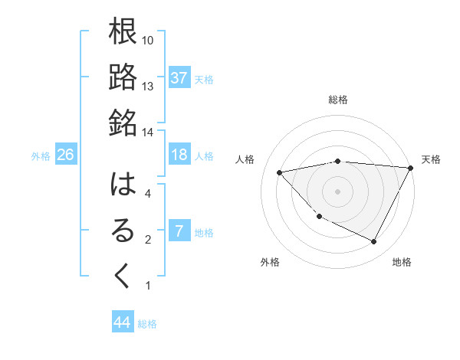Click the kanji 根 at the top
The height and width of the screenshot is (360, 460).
pyautogui.click(x=123, y=32)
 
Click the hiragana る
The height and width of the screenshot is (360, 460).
pyautogui.click(x=123, y=231)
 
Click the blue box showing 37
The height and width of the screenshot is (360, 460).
pyautogui.click(x=179, y=78)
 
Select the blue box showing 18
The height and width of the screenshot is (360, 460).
pyautogui.click(x=179, y=155)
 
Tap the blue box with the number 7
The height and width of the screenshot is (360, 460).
pyautogui.click(x=179, y=231)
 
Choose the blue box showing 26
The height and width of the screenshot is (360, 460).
pyautogui.click(x=66, y=155)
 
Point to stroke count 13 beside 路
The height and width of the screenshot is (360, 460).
pyautogui.click(x=148, y=86)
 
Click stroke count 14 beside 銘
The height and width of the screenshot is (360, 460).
pyautogui.click(x=148, y=131)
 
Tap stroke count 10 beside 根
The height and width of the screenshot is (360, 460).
pyautogui.click(x=148, y=39)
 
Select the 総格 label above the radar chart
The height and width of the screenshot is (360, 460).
pyautogui.click(x=337, y=100)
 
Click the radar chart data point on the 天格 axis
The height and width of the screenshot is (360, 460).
pyautogui.click(x=411, y=168)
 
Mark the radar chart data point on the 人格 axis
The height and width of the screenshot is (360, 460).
pyautogui.click(x=280, y=172)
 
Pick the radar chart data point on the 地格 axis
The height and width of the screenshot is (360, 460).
pyautogui.click(x=373, y=242)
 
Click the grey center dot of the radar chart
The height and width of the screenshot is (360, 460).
pyautogui.click(x=337, y=191)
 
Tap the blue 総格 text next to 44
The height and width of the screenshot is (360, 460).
pyautogui.click(x=147, y=324)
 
